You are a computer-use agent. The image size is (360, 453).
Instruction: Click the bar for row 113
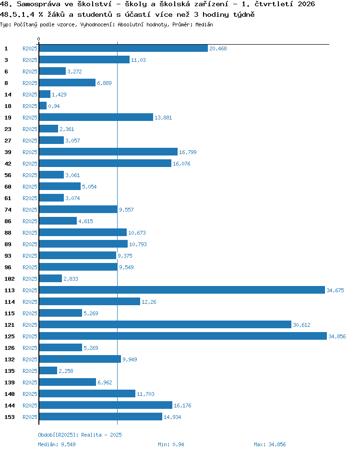click(182, 290)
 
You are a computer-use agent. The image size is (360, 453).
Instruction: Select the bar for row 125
click(183, 336)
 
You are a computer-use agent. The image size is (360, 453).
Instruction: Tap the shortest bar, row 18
click(43, 106)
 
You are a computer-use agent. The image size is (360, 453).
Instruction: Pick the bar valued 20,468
click(123, 48)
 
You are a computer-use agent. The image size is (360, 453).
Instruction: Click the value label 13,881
click(163, 118)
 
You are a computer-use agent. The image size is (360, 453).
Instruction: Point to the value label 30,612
click(301, 325)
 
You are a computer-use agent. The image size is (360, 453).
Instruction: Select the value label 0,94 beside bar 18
click(54, 106)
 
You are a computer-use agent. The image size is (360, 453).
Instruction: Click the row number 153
click(10, 417)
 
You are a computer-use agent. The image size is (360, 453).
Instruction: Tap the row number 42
click(8, 164)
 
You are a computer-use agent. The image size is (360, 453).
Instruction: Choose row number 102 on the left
click(10, 279)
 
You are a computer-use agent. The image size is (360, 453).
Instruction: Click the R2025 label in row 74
click(30, 210)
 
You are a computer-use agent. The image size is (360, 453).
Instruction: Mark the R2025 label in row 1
click(30, 48)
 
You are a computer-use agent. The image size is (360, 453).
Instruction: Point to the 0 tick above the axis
click(39, 39)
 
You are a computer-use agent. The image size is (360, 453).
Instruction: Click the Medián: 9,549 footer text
click(57, 444)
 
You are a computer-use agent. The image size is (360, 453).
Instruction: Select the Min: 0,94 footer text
click(171, 444)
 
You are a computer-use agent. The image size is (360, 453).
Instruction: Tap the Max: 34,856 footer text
click(270, 444)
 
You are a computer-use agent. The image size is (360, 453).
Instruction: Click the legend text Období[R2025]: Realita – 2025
click(80, 435)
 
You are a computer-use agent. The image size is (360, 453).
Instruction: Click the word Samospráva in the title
click(38, 4)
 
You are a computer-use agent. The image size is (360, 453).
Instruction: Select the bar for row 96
click(78, 267)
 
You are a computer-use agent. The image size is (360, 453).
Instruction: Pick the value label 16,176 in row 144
click(182, 405)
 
